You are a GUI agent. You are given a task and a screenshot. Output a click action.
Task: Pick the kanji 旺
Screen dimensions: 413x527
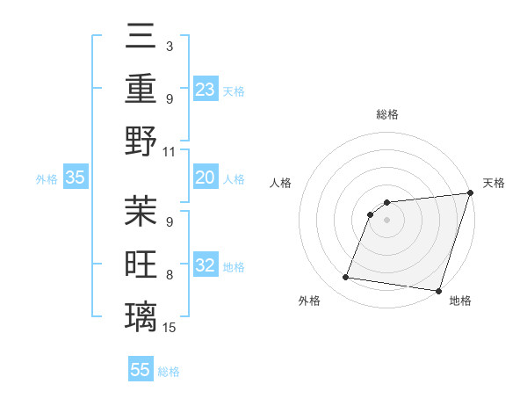(x=141, y=263)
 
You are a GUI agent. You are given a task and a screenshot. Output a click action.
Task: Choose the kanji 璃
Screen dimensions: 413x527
(x=141, y=315)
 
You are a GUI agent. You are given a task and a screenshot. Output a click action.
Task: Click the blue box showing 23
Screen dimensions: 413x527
(x=206, y=89)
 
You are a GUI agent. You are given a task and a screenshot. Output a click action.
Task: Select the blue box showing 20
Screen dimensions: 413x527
(x=206, y=178)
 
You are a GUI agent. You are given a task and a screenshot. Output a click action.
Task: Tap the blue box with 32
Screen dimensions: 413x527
(x=206, y=266)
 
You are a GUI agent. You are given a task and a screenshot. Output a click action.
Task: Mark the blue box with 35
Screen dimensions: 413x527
(x=76, y=178)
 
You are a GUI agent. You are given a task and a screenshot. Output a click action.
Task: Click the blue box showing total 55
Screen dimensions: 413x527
(x=141, y=370)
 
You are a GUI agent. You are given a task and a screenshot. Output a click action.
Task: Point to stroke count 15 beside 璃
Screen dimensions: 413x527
(x=170, y=328)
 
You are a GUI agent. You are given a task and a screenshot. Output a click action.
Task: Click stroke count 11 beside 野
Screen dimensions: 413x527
(x=170, y=151)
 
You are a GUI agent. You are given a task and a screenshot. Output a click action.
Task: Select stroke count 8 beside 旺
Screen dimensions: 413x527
(x=170, y=276)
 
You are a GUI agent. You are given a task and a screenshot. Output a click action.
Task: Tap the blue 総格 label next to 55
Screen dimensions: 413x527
(x=169, y=372)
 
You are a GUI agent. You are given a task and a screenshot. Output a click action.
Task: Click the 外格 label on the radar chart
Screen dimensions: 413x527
(x=309, y=301)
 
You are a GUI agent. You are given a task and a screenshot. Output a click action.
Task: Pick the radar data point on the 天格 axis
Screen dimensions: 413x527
(x=470, y=193)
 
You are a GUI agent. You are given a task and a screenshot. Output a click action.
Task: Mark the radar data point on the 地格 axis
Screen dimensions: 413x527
(x=437, y=291)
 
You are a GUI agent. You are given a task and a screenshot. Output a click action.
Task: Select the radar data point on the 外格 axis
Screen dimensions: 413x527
(x=346, y=278)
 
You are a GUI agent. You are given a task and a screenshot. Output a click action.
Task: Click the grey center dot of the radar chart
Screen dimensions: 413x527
(x=387, y=221)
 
